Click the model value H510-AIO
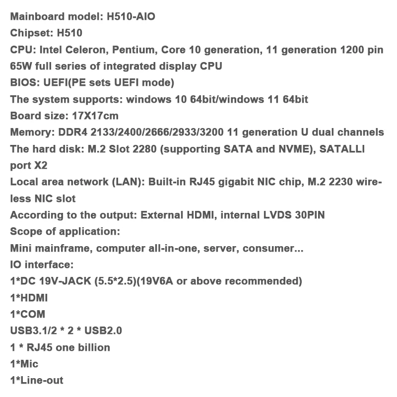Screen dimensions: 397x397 [131, 16]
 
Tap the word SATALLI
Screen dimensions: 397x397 [342, 149]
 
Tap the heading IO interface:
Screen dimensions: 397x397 [42, 265]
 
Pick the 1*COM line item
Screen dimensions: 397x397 [27, 314]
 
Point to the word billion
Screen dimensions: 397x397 [92, 347]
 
